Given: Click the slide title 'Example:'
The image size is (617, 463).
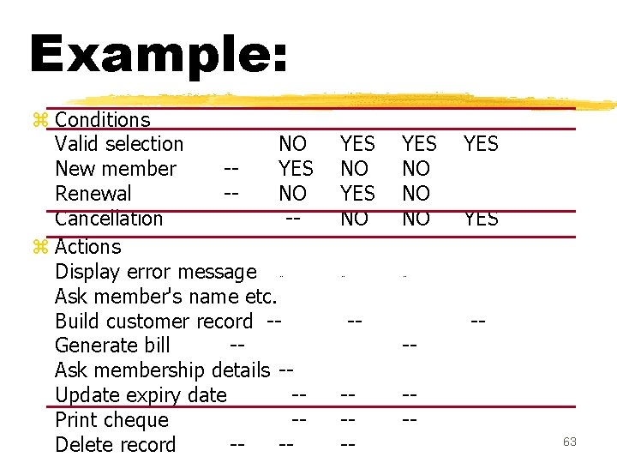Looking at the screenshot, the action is click(158, 53).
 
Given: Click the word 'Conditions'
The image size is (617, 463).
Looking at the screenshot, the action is click(102, 120).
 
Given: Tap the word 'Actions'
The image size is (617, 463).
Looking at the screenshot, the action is click(87, 247).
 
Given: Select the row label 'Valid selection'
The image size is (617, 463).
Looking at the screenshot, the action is click(119, 144).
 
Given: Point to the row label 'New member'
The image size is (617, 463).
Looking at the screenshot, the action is click(115, 169).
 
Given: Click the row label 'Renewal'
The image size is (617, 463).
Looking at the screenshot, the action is click(93, 194).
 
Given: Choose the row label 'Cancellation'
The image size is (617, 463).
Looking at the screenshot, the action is click(109, 219).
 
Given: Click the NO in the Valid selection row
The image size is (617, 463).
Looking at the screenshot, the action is click(293, 144).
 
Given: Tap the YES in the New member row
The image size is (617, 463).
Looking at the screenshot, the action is click(296, 169).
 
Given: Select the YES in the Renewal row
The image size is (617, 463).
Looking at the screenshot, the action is click(357, 194).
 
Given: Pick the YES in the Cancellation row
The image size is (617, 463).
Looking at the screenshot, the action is click(481, 219).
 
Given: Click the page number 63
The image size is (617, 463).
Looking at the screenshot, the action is click(570, 442).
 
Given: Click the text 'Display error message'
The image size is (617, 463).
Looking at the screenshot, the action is click(155, 272).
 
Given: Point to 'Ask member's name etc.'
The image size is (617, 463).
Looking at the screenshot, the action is click(165, 297).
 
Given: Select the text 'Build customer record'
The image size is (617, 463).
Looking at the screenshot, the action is click(153, 322).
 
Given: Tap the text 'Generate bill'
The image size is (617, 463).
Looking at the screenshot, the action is click(112, 346).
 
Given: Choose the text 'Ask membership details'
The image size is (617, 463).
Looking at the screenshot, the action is click(162, 370).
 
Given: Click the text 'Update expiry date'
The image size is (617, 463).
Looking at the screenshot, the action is click(141, 395).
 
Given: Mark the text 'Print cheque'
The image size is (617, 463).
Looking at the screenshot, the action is click(111, 420).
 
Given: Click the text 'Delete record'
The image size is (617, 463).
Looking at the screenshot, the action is click(115, 445).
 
